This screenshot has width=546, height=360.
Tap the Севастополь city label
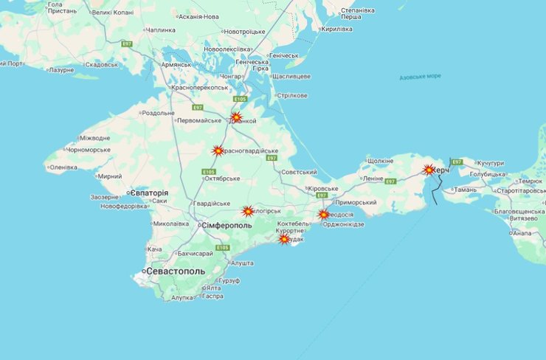click(176, 271)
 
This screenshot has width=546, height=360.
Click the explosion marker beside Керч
click(429, 170)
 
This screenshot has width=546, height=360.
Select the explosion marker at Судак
click(284, 239)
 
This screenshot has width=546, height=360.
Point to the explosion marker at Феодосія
click(323, 215)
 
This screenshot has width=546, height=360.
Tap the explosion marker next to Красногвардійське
click(218, 150)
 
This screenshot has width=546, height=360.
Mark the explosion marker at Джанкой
click(236, 117)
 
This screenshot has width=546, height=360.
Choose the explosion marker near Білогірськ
click(248, 211)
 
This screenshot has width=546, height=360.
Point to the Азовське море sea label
click(420, 77)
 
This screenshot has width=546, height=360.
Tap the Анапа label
click(521, 233)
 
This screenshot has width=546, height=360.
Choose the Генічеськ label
click(283, 55)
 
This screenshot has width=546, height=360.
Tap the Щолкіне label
click(380, 160)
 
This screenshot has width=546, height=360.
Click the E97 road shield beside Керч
click(457, 162)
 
